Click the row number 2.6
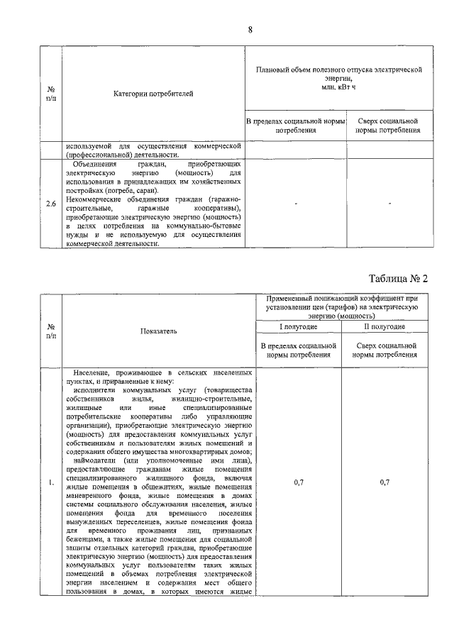pyautogui.click(x=51, y=204)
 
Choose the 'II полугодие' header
pyautogui.click(x=384, y=327)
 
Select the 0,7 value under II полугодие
pyautogui.click(x=384, y=482)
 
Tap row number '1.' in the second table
pyautogui.click(x=51, y=483)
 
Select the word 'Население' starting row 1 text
pyautogui.click(x=98, y=372)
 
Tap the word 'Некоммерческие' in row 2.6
pyautogui.click(x=95, y=199)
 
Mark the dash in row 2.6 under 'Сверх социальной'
pyautogui.click(x=390, y=204)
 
